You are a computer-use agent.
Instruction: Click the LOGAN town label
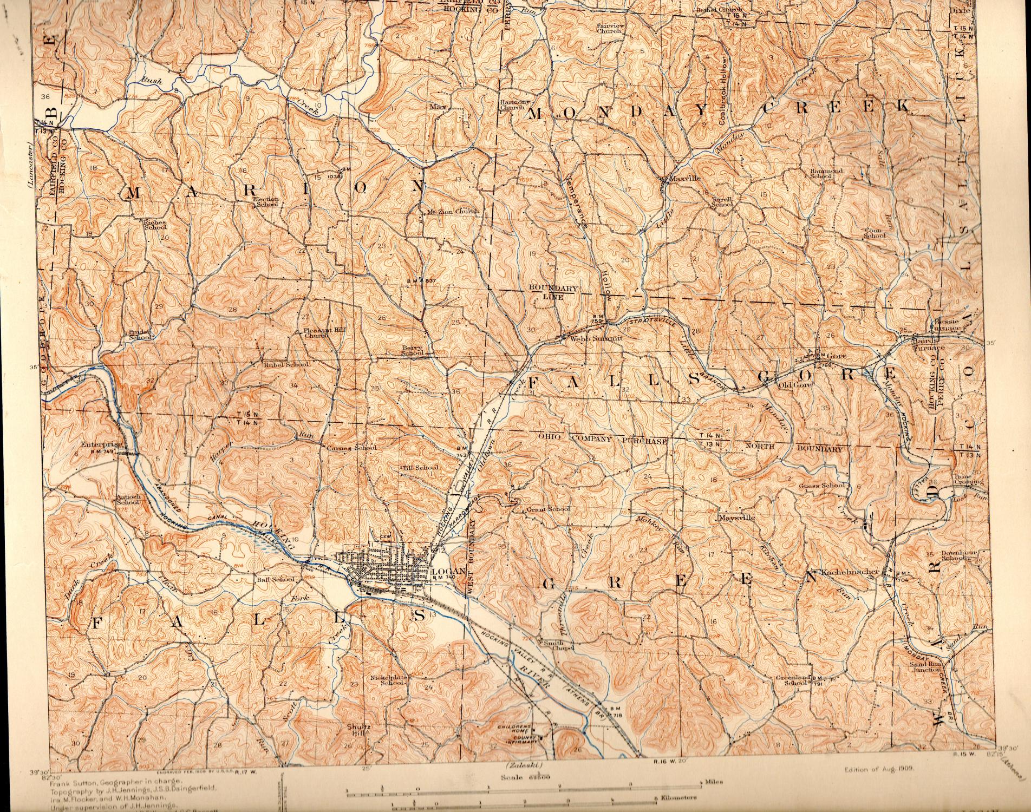tap(448, 572)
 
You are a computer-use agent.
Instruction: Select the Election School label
tap(266, 202)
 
